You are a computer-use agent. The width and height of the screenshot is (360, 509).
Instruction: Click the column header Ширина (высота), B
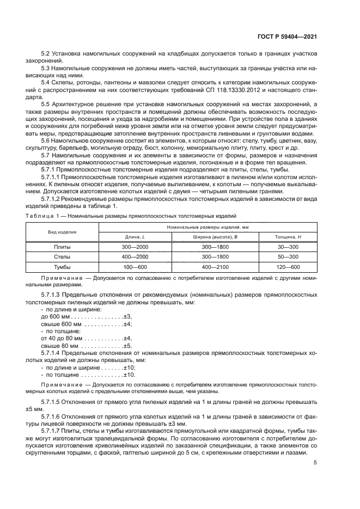coord(215,237)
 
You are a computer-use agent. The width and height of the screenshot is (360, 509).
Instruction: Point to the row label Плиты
coord(62,247)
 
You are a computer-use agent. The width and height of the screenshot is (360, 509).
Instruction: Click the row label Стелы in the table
coord(62,256)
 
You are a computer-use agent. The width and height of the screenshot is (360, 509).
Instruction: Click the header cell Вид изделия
coord(62,232)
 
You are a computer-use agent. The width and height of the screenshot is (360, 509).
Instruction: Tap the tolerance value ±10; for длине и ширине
coord(128,367)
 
